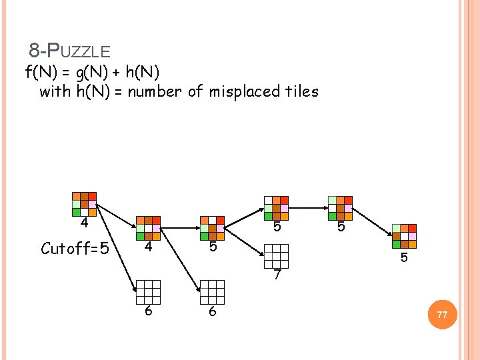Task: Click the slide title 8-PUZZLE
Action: tap(69, 51)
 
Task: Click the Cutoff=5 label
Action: tap(74, 249)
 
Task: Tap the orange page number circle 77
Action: tap(442, 315)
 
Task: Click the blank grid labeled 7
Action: tap(276, 256)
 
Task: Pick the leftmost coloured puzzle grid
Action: tap(84, 204)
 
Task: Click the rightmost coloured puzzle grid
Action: tap(404, 236)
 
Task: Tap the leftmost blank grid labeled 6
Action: tap(148, 292)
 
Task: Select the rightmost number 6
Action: tap(212, 311)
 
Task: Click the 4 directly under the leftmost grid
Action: tap(84, 223)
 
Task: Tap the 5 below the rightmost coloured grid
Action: tap(404, 258)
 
